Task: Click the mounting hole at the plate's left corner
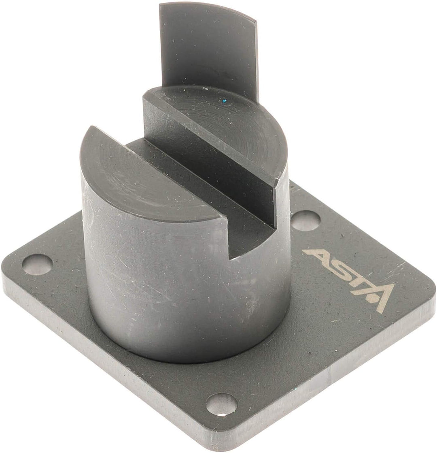pos(37,264)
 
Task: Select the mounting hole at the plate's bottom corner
pos(221,404)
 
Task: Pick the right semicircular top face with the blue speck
pos(227,122)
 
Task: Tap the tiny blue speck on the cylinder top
pos(223,98)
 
